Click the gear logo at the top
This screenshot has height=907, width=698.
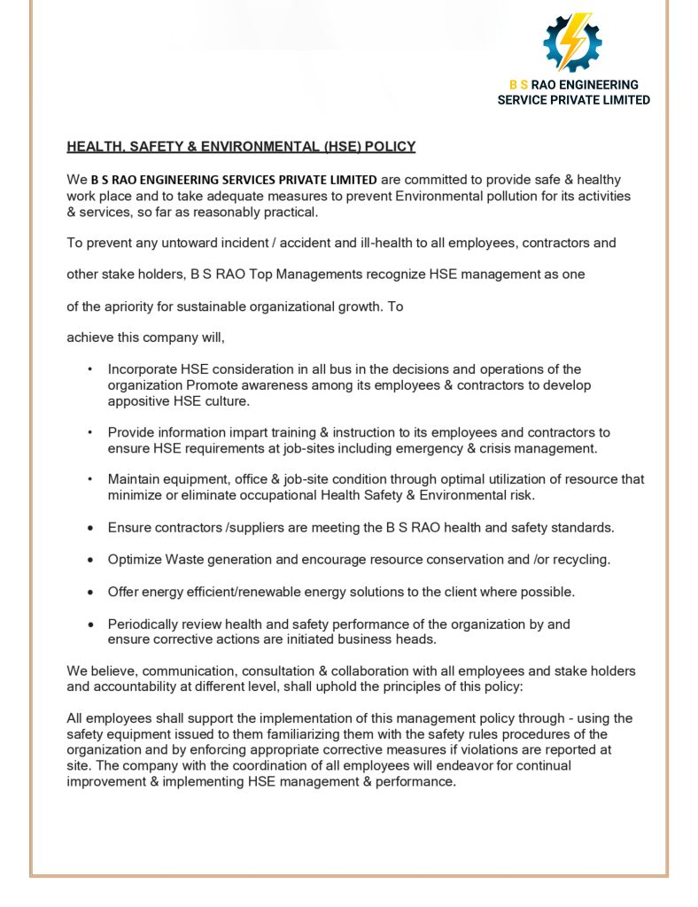[x=572, y=42]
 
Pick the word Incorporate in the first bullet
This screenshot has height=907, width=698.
[x=142, y=369]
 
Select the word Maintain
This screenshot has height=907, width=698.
[x=136, y=479]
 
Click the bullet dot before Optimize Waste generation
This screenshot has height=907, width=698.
[x=91, y=561]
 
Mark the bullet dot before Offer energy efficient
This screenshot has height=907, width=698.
[x=91, y=593]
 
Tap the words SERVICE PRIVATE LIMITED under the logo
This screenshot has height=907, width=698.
[x=573, y=100]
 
